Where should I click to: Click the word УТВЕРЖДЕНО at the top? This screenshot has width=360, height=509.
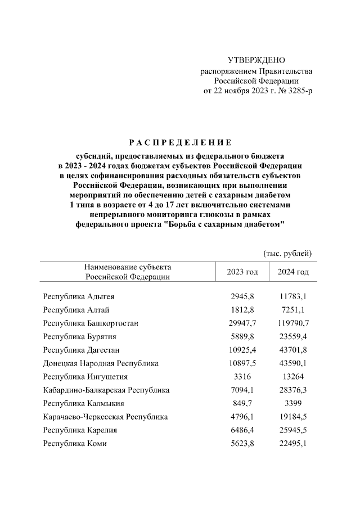[256, 60]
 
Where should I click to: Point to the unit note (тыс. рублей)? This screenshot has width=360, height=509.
[287, 254]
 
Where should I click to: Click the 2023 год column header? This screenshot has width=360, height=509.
[242, 272]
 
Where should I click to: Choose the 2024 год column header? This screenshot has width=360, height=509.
[293, 272]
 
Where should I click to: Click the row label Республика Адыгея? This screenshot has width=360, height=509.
[79, 296]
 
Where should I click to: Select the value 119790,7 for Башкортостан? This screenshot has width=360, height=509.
[294, 323]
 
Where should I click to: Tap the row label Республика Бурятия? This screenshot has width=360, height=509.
[79, 336]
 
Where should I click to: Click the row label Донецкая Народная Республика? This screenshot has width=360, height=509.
[101, 363]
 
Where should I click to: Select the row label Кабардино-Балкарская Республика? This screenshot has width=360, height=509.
[106, 390]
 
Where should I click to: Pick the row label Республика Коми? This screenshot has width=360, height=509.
[75, 444]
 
